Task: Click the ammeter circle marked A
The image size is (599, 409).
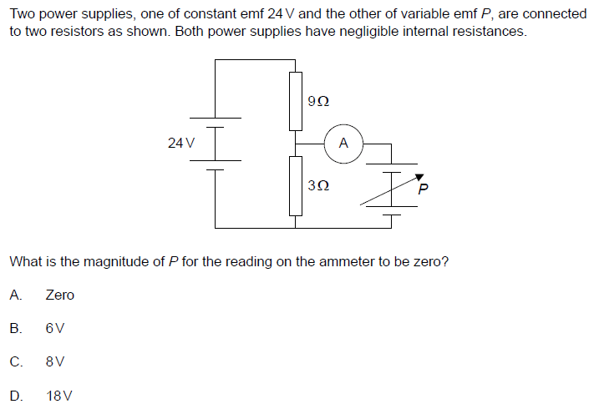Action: coord(344,144)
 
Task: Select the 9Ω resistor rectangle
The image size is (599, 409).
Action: coord(296,101)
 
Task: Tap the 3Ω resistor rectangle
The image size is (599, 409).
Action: coord(296,186)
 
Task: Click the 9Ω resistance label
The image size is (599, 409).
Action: coord(318,102)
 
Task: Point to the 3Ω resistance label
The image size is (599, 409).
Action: coord(318,186)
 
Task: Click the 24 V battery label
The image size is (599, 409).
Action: coord(181,143)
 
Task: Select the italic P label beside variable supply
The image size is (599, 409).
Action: coord(423,189)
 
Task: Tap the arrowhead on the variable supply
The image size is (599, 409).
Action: coord(419,177)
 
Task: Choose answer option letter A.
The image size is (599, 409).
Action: coord(15,295)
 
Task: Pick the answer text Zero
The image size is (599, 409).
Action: coord(60,295)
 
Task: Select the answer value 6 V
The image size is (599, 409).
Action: coord(55,328)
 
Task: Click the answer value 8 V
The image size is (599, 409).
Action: coord(55,361)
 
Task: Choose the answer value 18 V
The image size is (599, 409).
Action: coord(58,396)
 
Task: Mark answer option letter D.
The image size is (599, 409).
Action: coord(16,396)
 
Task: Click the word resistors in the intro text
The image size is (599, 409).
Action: coord(77,31)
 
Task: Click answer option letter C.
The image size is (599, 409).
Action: coord(16,361)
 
